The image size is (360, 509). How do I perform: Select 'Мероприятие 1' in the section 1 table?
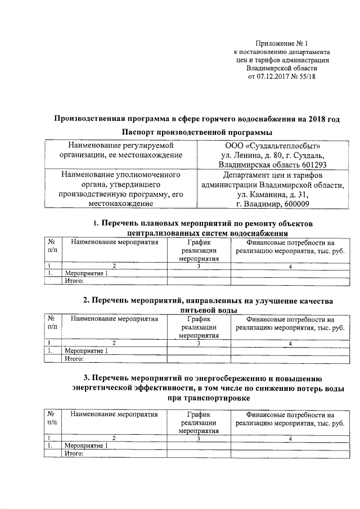tap(86, 273)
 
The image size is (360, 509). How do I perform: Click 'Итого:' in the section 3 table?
tap(74, 453)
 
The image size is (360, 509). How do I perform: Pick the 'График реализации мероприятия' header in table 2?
tap(199, 327)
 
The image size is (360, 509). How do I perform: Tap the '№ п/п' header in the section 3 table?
tap(52, 417)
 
